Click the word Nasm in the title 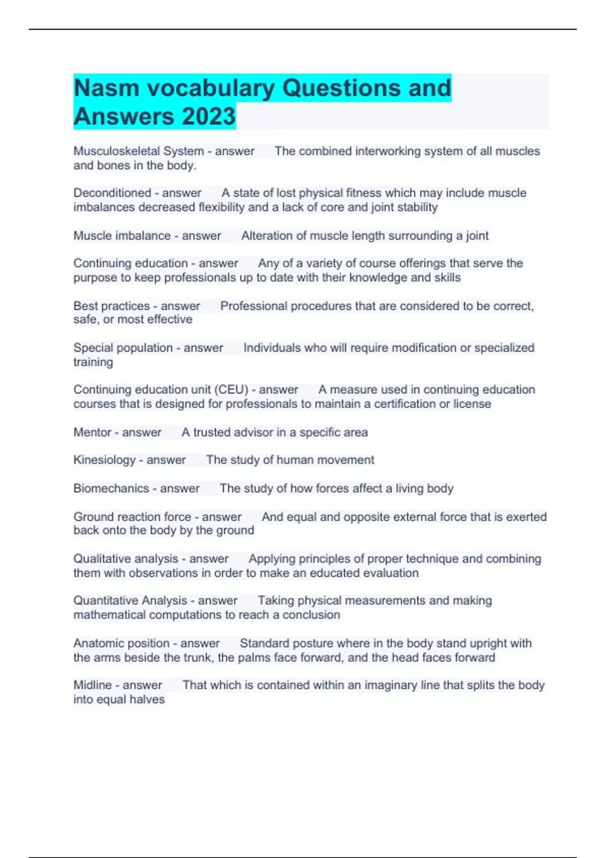coord(106,88)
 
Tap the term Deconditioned coord(112,193)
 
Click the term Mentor coord(92,432)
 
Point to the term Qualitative coord(100,559)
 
